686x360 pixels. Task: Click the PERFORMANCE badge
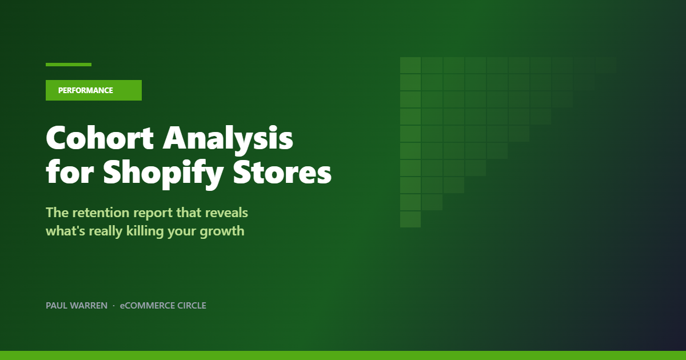pyautogui.click(x=93, y=90)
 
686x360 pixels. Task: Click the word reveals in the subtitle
pyautogui.click(x=227, y=213)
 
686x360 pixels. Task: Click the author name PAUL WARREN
pyautogui.click(x=77, y=306)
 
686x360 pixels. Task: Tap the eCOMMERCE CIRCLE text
pyautogui.click(x=163, y=306)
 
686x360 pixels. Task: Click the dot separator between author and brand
pyautogui.click(x=114, y=306)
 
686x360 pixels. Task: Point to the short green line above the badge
pyautogui.click(x=69, y=65)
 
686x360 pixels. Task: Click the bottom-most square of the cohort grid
pyautogui.click(x=410, y=219)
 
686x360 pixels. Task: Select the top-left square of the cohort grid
pyautogui.click(x=410, y=65)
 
